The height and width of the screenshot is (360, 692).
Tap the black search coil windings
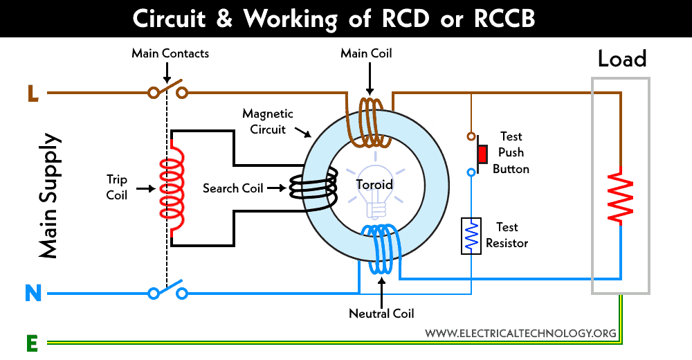tap(313, 188)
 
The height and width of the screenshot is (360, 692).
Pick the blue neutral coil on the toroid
tap(379, 249)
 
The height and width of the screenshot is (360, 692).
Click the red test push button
tap(482, 154)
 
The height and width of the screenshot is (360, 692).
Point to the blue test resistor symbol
tap(471, 235)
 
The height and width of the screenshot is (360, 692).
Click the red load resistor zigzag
tap(621, 196)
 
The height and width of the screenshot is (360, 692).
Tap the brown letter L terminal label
tap(33, 93)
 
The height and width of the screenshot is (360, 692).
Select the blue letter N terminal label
tap(33, 294)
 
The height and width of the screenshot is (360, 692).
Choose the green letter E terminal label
tap(33, 343)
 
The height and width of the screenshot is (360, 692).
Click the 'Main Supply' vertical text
tap(48, 196)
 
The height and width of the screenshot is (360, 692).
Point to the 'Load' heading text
tap(622, 59)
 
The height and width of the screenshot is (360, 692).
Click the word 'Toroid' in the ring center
tap(374, 184)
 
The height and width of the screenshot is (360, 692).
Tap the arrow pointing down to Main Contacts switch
tap(167, 73)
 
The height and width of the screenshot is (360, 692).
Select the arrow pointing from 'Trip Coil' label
tap(145, 188)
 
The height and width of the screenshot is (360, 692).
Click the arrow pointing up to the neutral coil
tap(381, 291)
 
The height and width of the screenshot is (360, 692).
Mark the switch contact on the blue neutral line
tap(167, 290)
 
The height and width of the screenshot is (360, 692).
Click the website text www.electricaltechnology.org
tap(520, 333)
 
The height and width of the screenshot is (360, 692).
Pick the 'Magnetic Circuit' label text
tap(268, 121)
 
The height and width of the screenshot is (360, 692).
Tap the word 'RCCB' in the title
tap(504, 19)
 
